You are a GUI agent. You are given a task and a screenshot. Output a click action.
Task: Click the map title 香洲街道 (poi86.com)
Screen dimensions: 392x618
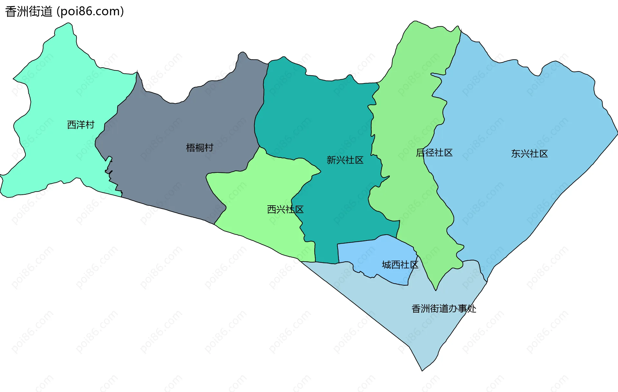(64, 12)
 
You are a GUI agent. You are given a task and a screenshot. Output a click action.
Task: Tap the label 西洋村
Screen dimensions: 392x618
(80, 125)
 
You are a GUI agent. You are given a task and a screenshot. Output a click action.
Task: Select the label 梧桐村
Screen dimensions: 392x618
(200, 148)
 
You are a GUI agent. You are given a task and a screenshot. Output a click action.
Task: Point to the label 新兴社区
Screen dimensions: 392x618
(345, 160)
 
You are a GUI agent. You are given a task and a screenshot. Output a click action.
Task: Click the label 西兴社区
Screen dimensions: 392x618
(285, 210)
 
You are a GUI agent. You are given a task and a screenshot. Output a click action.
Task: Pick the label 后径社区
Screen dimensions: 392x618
(434, 153)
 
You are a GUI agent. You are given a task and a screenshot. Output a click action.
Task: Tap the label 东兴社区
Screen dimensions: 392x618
(529, 154)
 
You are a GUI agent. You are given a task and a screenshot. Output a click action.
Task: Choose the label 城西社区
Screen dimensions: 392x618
(400, 265)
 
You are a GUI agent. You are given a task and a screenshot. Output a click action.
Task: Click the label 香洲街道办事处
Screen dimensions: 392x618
(444, 309)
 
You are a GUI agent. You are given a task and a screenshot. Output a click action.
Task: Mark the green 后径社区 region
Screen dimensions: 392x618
(415, 97)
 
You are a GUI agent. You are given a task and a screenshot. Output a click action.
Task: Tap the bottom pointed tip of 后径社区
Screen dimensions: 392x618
(436, 290)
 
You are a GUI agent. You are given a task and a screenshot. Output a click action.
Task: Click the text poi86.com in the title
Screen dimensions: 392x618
(90, 12)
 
